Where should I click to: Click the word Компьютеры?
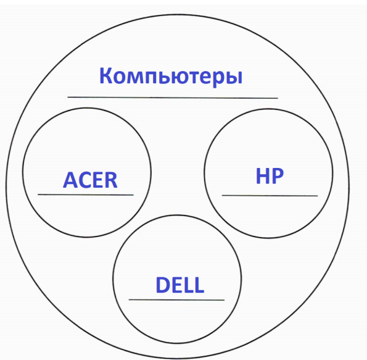171,77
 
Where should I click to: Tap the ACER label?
90,180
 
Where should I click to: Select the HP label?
270,176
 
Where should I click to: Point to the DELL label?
179,285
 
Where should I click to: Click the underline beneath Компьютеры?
173,98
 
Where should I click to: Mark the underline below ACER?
86,195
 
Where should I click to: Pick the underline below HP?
270,195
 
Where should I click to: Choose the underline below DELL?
176,299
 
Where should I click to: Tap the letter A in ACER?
70,180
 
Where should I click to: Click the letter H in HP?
262,176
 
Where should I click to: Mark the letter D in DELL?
163,285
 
